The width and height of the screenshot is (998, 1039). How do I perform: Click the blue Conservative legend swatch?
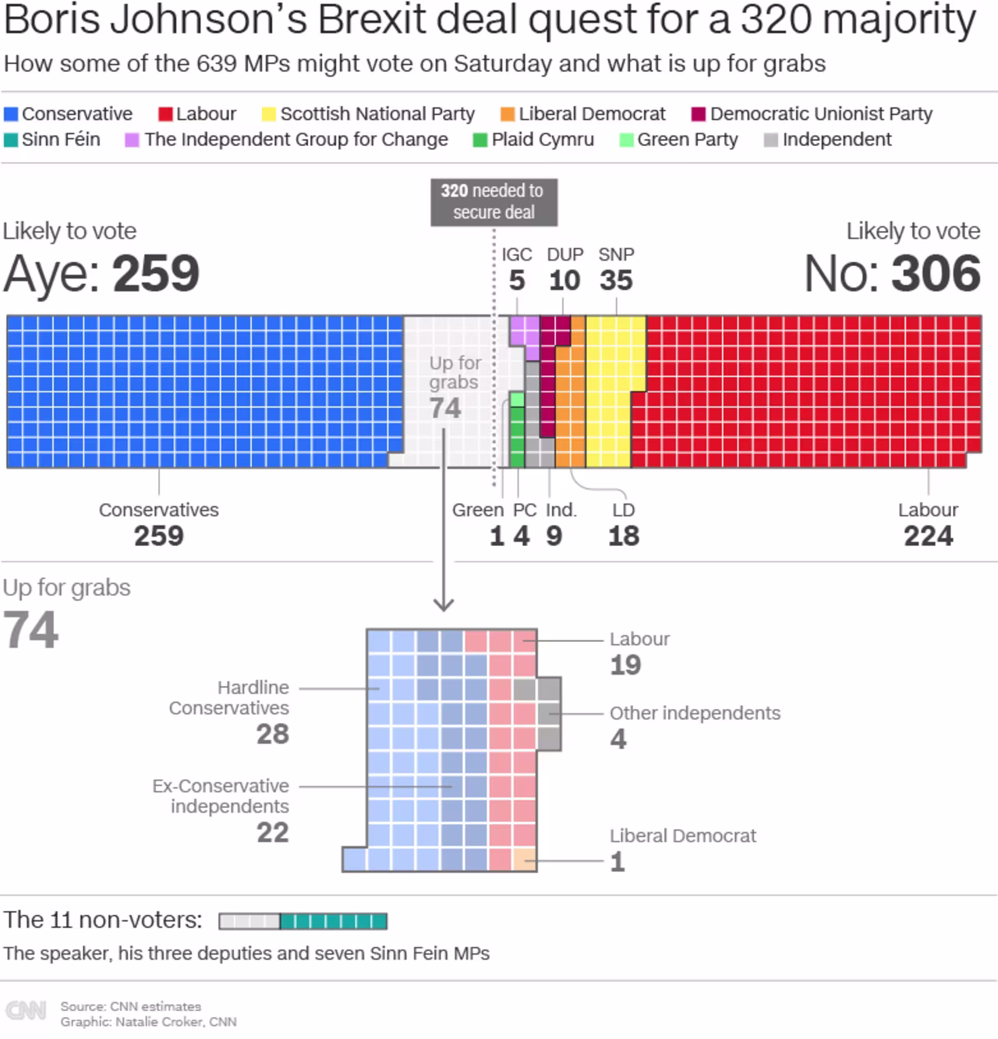click(11, 114)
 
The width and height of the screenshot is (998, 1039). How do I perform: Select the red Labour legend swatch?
click(165, 114)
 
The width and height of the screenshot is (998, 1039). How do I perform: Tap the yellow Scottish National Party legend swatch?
click(269, 114)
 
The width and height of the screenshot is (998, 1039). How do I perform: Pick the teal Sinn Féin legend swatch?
click(11, 140)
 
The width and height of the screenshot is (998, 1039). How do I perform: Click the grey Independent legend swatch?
click(771, 140)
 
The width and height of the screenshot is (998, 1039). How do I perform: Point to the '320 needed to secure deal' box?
click(494, 201)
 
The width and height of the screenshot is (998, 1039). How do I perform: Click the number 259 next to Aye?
click(156, 274)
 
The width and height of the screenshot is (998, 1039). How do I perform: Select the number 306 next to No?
click(936, 274)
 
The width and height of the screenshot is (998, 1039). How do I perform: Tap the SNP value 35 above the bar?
click(616, 280)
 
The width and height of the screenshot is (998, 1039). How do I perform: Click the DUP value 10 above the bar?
click(564, 280)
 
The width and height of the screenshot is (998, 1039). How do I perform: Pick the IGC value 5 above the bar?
click(517, 280)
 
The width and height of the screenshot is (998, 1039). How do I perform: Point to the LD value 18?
click(624, 536)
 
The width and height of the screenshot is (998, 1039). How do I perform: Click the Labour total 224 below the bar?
click(928, 536)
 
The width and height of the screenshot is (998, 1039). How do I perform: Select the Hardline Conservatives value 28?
click(273, 733)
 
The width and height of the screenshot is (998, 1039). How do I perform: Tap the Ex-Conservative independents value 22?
click(273, 832)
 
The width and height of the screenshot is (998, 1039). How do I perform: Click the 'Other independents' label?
click(695, 713)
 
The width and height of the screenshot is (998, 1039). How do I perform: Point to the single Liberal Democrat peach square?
click(525, 860)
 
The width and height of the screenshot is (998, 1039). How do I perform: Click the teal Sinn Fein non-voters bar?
click(334, 921)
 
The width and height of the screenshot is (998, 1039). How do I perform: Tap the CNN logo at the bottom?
click(26, 1010)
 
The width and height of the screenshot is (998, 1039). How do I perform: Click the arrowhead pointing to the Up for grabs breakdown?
click(444, 604)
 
